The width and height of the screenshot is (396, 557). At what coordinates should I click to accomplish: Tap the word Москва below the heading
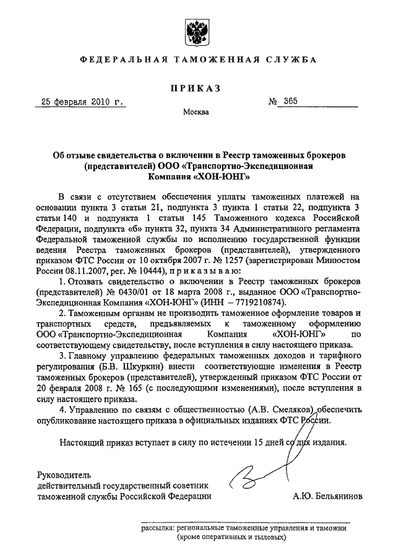point(196,112)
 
